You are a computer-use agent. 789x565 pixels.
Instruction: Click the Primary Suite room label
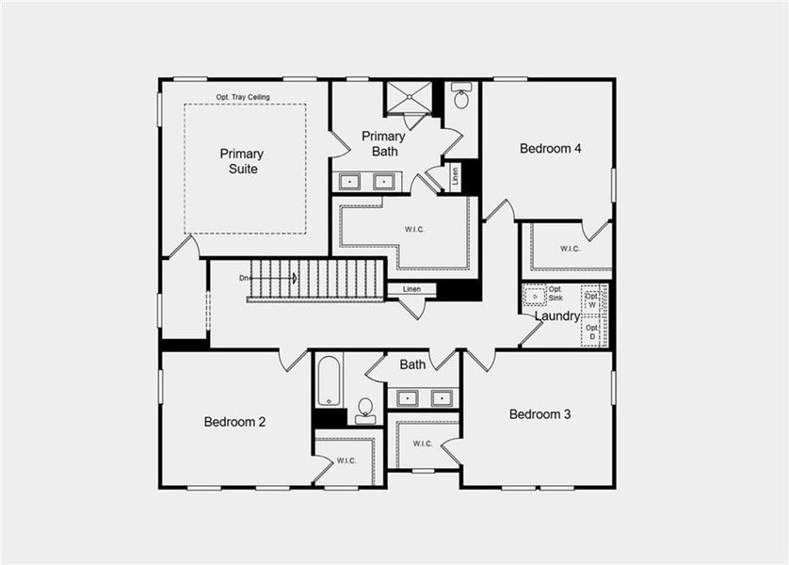tap(242, 161)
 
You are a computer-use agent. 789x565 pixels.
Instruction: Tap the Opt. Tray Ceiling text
tap(245, 97)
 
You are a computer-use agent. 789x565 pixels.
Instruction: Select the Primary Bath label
tap(384, 143)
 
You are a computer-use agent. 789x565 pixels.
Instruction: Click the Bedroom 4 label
tap(551, 148)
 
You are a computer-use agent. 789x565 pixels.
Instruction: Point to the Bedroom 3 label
tap(539, 414)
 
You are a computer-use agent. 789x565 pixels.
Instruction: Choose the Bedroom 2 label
tap(234, 421)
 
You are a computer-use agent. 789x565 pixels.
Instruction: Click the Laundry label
tap(556, 316)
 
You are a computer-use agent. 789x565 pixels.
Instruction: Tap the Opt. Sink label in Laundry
tap(556, 293)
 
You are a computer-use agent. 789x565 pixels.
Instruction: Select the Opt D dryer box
tap(591, 331)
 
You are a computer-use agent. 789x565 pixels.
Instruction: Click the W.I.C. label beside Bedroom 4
tap(570, 249)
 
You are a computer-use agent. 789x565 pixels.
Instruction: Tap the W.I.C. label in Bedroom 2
tap(346, 460)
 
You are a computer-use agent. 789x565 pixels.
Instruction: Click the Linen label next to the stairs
tap(411, 289)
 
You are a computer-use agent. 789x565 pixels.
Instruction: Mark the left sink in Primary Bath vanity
tap(349, 182)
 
